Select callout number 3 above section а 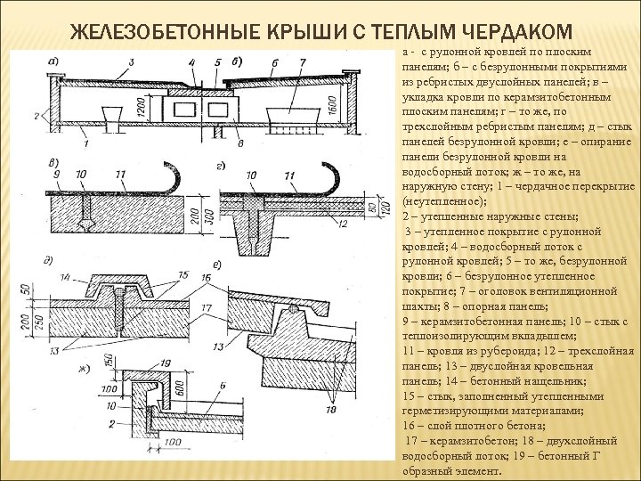pyautogui.click(x=131, y=61)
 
